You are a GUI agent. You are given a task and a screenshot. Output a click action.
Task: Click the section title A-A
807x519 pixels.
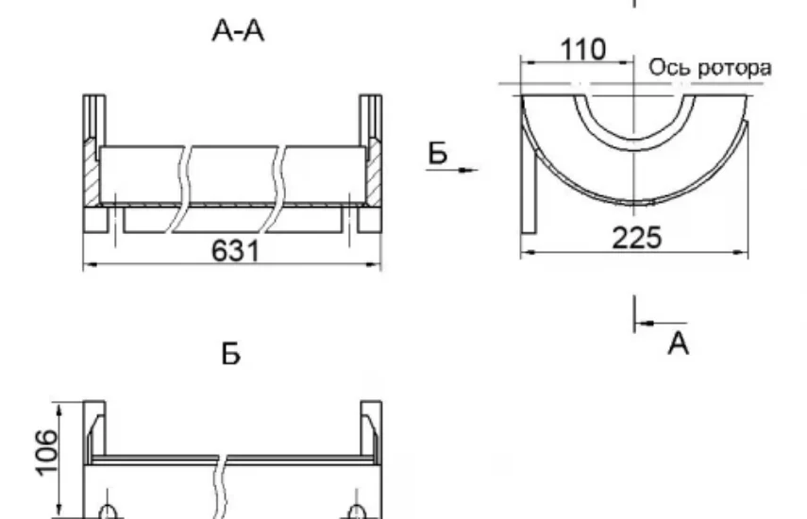click(238, 31)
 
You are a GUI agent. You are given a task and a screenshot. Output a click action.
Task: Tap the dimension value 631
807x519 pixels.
click(236, 251)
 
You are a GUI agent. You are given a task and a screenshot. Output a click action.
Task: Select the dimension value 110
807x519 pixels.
click(582, 50)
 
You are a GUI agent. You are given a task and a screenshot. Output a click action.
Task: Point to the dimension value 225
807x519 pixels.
click(636, 238)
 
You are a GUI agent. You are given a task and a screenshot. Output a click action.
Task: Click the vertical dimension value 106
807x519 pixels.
click(46, 453)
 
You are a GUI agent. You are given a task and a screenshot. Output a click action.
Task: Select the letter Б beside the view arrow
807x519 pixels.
click(437, 153)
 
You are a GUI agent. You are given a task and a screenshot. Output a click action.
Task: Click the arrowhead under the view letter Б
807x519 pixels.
click(468, 170)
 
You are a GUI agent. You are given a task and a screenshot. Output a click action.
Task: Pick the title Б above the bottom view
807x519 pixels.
click(230, 354)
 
